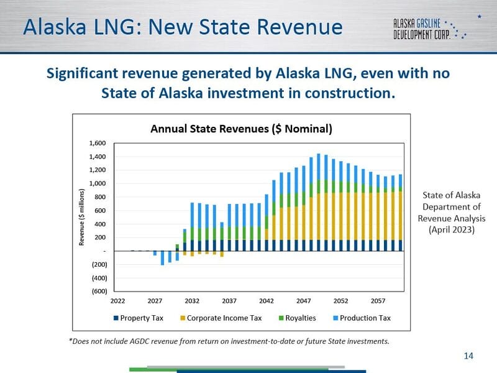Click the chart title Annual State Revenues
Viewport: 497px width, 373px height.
tap(242, 129)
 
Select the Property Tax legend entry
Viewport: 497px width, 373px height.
tap(142, 318)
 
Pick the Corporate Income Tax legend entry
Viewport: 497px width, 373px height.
tap(221, 318)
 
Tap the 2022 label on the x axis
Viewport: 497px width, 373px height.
tap(118, 301)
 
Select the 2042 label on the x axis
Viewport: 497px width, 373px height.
tap(267, 301)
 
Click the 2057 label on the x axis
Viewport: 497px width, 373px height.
tap(378, 301)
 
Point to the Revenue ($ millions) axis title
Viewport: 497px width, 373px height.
tap(81, 217)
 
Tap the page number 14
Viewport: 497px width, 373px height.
tap(468, 356)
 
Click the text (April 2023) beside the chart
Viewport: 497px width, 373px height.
tap(452, 229)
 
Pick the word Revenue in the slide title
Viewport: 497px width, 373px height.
tap(296, 27)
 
